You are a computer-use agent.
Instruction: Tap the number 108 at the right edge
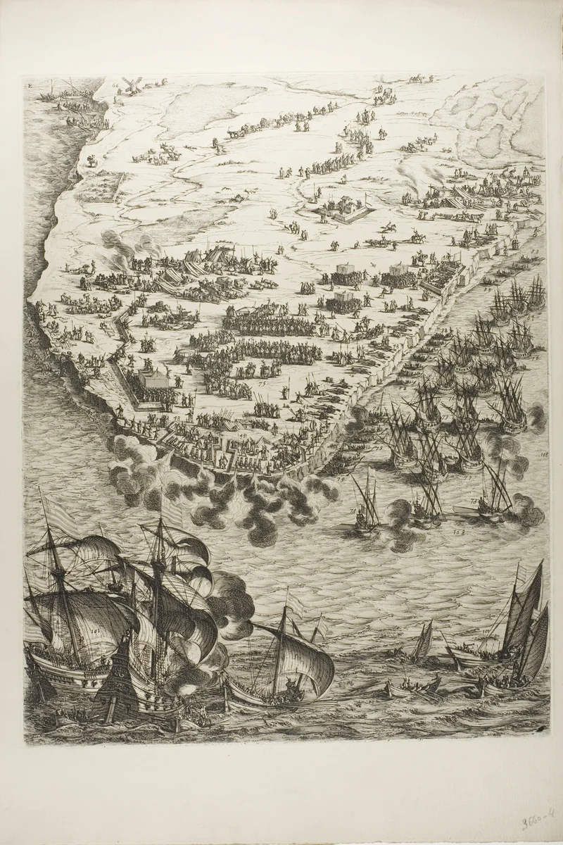pyautogui.click(x=543, y=456)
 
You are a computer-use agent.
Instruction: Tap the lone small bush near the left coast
pyautogui.click(x=89, y=159)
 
